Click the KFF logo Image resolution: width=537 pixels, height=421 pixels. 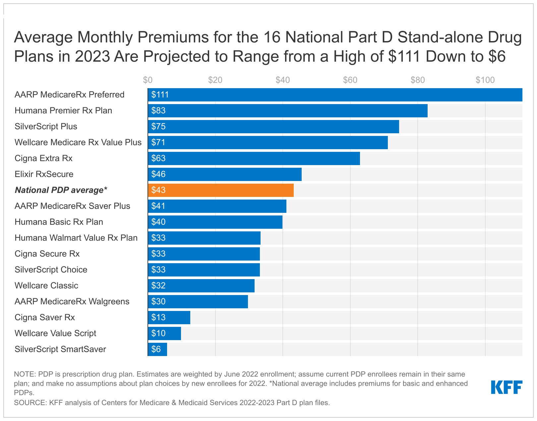(507, 387)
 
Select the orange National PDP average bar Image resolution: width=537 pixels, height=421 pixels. (220, 190)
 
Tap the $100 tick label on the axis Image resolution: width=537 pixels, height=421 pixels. (485, 80)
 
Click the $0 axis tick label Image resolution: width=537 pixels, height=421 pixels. (148, 80)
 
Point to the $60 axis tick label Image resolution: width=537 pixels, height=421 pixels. (350, 80)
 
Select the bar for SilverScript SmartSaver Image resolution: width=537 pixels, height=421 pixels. (157, 349)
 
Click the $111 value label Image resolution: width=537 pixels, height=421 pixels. (160, 95)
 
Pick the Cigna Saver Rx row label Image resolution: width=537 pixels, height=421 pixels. (45, 318)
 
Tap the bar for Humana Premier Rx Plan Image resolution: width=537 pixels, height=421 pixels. (287, 111)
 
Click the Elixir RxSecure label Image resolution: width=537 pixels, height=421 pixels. (44, 174)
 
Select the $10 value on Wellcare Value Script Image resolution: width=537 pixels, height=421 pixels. (158, 333)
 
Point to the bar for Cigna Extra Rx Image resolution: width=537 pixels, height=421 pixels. (254, 158)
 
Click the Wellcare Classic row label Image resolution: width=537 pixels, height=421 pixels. (46, 286)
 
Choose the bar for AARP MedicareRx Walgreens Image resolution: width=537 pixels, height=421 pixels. (198, 302)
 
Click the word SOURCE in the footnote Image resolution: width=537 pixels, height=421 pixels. (30, 403)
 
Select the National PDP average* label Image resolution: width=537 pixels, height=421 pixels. (61, 190)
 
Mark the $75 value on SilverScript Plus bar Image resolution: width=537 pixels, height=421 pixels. (158, 127)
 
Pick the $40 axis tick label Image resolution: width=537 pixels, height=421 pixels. (282, 80)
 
